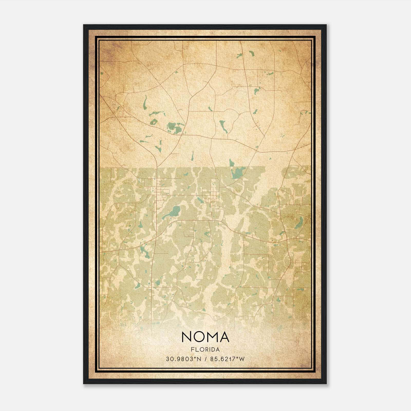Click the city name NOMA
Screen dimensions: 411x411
205,337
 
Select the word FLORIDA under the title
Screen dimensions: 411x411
205,350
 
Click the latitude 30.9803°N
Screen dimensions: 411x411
183,359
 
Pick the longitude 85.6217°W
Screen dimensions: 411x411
228,359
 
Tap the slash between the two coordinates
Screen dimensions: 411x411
206,359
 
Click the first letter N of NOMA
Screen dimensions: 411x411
186,337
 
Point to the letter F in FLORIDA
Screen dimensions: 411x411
192,350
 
